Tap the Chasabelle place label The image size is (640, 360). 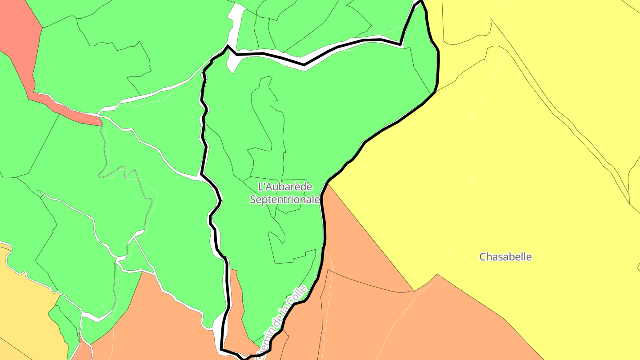505,257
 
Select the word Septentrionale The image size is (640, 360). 284,200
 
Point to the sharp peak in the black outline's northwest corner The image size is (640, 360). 228,46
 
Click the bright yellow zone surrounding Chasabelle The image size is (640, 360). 511,178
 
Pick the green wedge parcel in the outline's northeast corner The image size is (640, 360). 422,53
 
